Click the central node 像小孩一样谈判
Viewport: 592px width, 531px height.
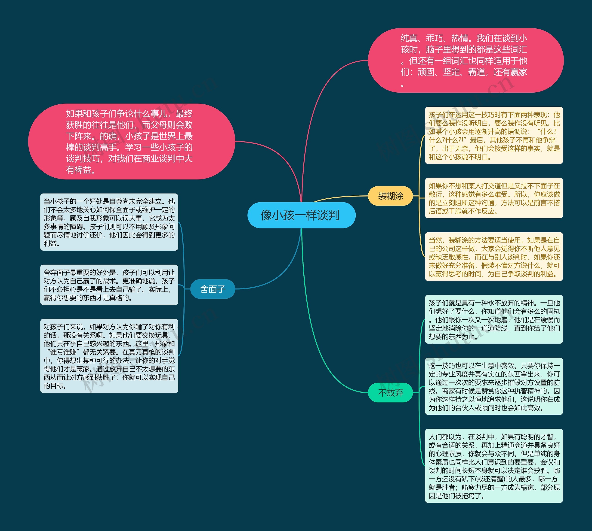point(301,215)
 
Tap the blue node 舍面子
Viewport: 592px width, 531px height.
point(212,289)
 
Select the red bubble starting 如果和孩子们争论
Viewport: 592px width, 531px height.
point(131,142)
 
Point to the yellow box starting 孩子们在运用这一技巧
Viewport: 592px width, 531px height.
point(493,135)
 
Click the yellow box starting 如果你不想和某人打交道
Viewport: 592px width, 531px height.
point(493,198)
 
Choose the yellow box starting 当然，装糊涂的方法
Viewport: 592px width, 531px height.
point(493,257)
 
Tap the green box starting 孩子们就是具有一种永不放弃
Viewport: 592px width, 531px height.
point(493,319)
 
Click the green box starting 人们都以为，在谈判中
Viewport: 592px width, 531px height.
point(493,466)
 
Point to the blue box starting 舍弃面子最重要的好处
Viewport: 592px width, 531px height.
point(109,285)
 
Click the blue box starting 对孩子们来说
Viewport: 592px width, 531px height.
point(109,356)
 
